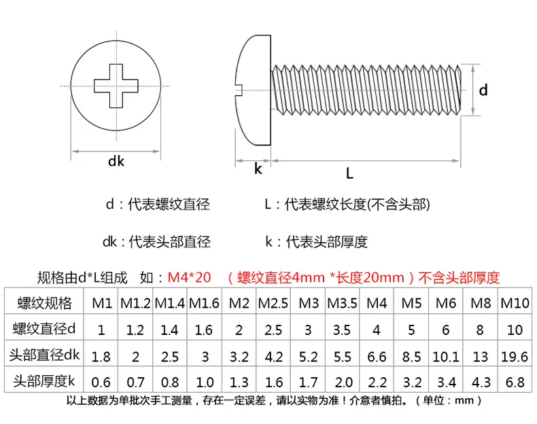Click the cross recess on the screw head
point(116,86)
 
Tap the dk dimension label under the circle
point(116,161)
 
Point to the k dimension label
point(258,169)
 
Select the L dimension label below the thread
point(349,173)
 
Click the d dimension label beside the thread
point(483,90)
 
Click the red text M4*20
point(189,277)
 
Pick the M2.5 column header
point(273,303)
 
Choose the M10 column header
point(515,303)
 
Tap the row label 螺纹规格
point(44,303)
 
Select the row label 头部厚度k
point(44,381)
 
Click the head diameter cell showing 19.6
point(515,357)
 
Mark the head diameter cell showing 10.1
point(445,357)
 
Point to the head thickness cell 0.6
point(101,383)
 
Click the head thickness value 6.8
point(515,383)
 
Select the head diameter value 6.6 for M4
point(377,357)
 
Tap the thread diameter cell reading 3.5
point(342,330)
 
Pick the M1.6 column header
point(204,303)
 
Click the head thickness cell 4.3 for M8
point(481,383)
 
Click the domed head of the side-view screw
point(254,90)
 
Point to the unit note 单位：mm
point(449,400)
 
